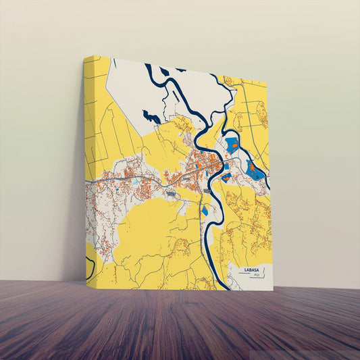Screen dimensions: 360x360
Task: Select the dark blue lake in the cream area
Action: (x=152, y=118)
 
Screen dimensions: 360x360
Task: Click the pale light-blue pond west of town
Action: (x=136, y=182)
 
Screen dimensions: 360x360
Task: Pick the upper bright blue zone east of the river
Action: (x=232, y=144)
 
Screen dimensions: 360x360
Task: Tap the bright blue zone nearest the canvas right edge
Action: (x=256, y=172)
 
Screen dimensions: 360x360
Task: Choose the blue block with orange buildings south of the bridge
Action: (x=226, y=177)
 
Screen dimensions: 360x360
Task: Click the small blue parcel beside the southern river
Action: (x=205, y=211)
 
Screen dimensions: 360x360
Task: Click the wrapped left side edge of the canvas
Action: (x=88, y=169)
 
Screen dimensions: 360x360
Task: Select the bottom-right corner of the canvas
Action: (x=272, y=290)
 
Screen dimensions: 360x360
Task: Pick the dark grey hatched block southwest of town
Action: (x=171, y=195)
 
